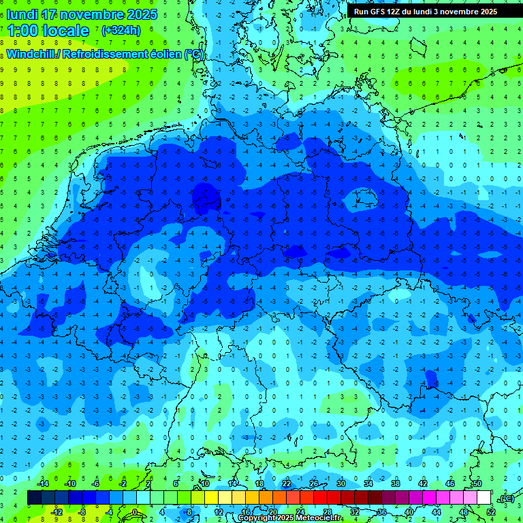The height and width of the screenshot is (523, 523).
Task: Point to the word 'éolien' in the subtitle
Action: [x=161, y=54]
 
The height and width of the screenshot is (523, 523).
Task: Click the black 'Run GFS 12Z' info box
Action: [x=425, y=12]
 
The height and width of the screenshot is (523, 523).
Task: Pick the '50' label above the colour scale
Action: [x=477, y=484]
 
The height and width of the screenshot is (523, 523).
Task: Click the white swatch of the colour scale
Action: [x=484, y=498]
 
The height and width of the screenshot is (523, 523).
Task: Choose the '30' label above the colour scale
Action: [x=340, y=484]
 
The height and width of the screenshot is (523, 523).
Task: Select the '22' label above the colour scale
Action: [x=286, y=484]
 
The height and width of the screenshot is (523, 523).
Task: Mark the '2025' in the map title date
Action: [x=141, y=14]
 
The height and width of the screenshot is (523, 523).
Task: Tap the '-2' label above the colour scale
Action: [x=123, y=484]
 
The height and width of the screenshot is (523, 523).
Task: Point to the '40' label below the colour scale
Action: [x=409, y=512]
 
